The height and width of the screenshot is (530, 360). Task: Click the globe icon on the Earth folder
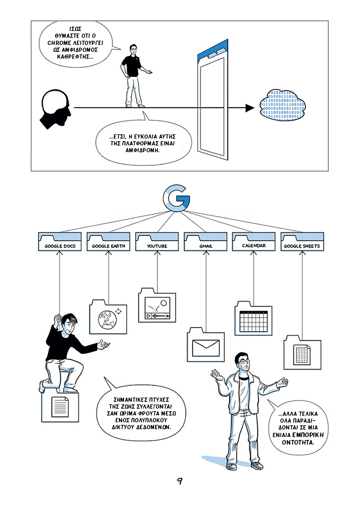(x=107, y=320)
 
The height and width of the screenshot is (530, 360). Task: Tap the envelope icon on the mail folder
(x=206, y=348)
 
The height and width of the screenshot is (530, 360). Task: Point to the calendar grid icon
(x=254, y=322)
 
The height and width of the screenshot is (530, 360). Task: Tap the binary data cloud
(x=282, y=105)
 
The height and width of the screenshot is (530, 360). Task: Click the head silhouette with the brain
(x=55, y=109)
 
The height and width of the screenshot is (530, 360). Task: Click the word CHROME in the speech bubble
(x=59, y=43)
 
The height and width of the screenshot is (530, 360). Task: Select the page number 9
(x=180, y=481)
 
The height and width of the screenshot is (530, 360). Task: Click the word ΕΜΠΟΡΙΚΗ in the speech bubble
(x=308, y=435)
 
